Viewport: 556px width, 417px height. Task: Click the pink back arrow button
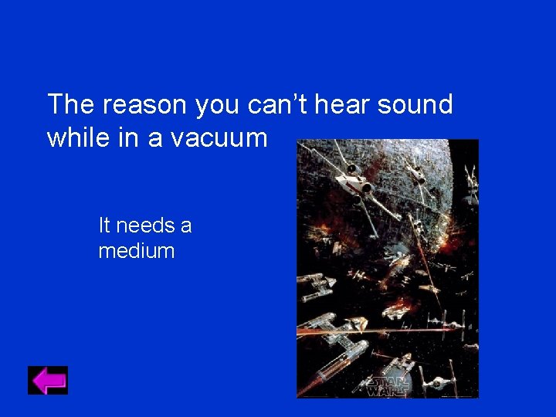click(x=48, y=380)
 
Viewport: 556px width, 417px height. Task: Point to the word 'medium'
click(x=137, y=251)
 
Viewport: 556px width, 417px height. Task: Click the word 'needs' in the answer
click(x=144, y=226)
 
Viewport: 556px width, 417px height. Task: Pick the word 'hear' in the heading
click(x=344, y=104)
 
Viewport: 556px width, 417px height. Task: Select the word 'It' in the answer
click(x=104, y=226)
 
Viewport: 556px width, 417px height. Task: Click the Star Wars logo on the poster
click(x=387, y=385)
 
